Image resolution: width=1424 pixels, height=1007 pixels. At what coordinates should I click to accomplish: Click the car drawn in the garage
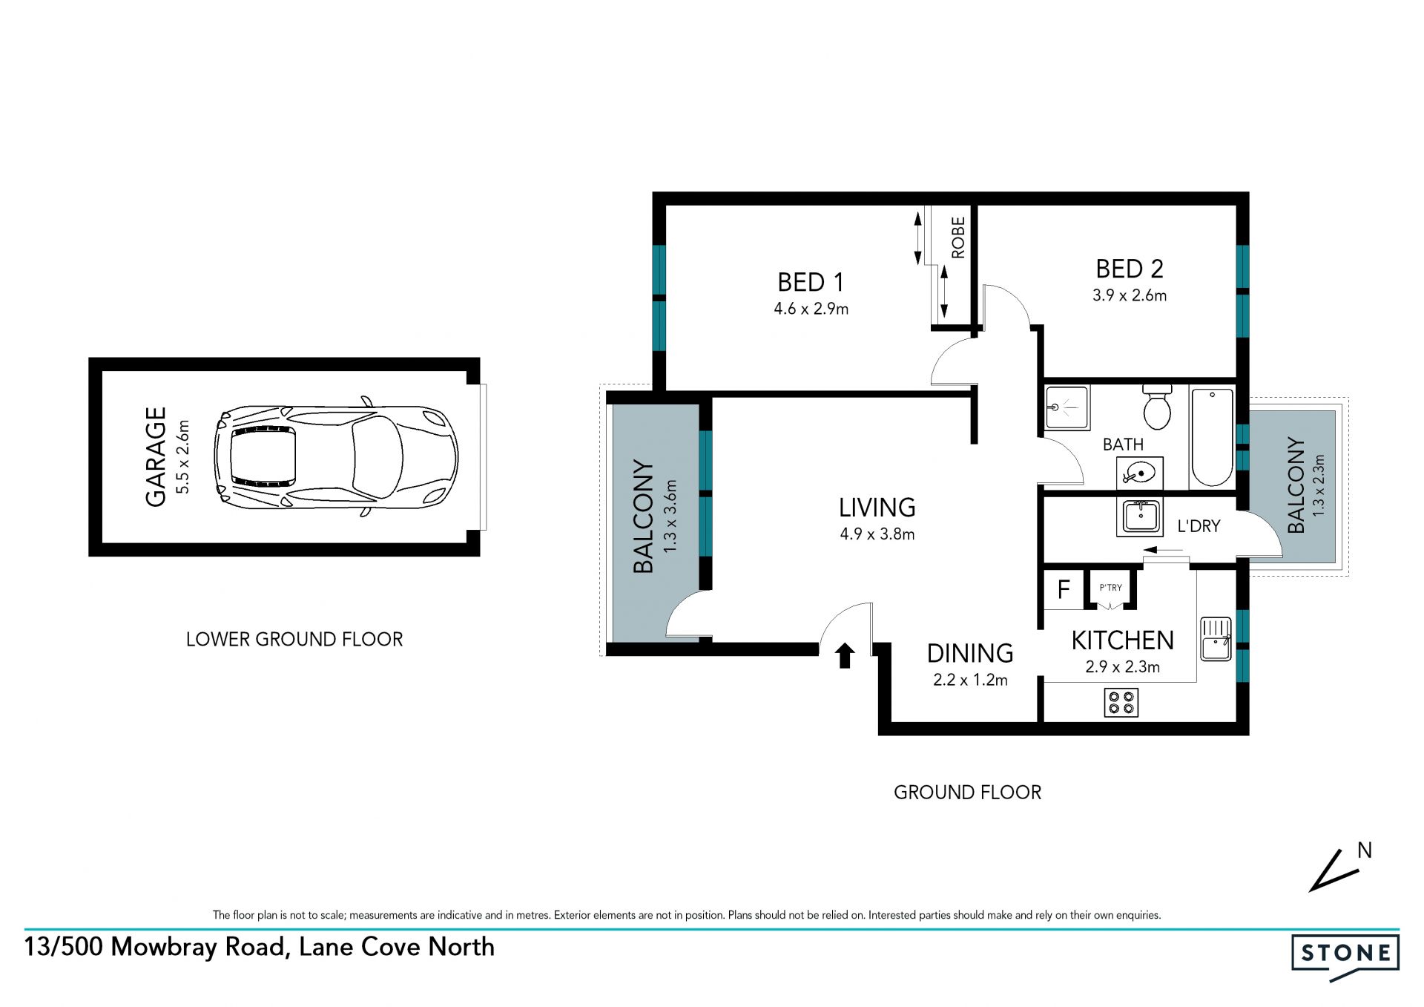(x=336, y=456)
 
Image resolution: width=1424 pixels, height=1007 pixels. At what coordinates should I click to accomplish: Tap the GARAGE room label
(x=156, y=456)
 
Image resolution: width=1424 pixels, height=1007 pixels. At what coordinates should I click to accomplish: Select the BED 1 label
(x=811, y=283)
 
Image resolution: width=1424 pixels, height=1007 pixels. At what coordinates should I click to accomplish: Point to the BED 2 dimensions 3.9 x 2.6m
(x=1129, y=295)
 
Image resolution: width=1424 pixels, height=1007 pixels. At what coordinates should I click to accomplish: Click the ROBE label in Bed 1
(x=958, y=237)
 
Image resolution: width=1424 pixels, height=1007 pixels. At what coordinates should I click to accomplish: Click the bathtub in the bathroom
(x=1212, y=437)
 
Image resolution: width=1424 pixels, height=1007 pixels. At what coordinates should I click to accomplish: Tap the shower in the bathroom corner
(x=1067, y=407)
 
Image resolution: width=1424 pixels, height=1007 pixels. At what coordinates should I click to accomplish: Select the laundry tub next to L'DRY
(x=1140, y=516)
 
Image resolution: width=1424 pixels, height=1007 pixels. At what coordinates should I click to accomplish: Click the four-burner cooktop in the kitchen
(x=1121, y=702)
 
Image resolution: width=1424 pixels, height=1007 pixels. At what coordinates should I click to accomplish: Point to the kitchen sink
(x=1216, y=639)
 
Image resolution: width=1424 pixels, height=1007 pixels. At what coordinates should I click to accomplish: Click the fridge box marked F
(x=1064, y=589)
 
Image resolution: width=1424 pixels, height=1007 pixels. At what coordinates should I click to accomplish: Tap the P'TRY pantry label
(x=1110, y=588)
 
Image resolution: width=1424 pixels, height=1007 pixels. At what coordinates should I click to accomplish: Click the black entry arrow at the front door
(x=845, y=655)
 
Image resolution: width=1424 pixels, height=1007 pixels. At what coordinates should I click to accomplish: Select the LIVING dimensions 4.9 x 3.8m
(x=877, y=534)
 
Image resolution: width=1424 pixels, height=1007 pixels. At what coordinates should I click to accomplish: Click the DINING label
(x=970, y=653)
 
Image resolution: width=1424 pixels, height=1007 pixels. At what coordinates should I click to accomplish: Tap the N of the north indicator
(x=1365, y=850)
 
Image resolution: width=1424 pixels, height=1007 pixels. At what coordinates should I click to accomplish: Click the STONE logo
(x=1345, y=956)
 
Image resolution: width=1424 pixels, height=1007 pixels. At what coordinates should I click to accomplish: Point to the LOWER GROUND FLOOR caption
(x=294, y=640)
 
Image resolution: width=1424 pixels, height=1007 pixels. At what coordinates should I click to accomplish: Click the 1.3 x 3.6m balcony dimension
(x=670, y=516)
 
